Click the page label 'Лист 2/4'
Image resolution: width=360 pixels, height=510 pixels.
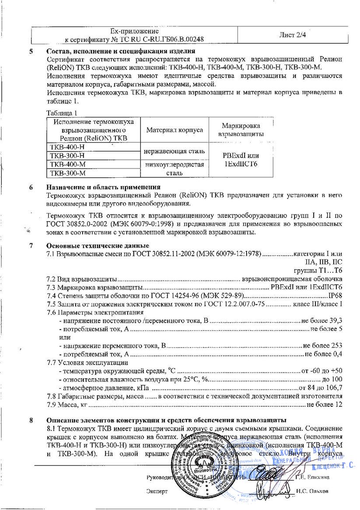(x=292, y=35)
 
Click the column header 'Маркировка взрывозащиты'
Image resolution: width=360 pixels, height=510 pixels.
(x=241, y=130)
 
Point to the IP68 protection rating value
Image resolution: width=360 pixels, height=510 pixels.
(x=335, y=295)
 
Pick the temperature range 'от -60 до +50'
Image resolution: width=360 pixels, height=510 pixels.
(x=322, y=370)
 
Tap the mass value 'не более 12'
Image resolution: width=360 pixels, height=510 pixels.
(x=324, y=404)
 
